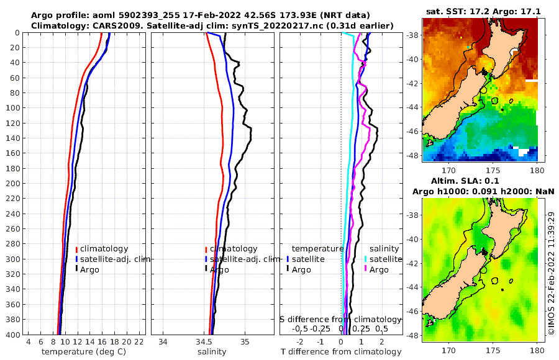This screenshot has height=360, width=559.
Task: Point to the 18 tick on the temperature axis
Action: (115, 342)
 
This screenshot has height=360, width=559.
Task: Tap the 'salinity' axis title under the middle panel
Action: (212, 352)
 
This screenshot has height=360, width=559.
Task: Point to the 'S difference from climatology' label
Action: (340, 319)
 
